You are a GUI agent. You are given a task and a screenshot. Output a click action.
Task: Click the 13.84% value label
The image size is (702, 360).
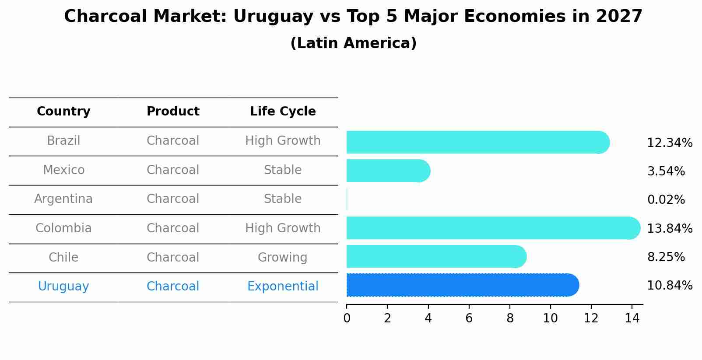click(669, 228)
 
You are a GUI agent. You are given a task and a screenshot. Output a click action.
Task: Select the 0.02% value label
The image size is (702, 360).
click(666, 200)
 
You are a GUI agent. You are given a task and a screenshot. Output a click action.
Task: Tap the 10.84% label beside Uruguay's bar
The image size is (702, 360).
click(669, 286)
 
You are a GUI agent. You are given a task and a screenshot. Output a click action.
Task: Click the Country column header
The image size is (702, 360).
click(63, 112)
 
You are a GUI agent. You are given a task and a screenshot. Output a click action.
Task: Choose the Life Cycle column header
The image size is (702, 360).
click(283, 112)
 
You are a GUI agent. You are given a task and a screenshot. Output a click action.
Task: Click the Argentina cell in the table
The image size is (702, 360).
click(63, 199)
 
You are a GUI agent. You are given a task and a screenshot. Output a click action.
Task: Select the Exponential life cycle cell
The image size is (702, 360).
click(283, 287)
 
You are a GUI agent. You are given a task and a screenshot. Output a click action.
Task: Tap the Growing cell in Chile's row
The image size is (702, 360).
click(283, 257)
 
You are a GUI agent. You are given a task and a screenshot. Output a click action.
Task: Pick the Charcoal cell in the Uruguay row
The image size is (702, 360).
click(173, 287)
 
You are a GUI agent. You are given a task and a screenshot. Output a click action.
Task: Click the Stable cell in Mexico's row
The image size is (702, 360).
click(283, 170)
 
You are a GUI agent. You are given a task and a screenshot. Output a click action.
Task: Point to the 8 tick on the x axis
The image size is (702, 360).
click(510, 318)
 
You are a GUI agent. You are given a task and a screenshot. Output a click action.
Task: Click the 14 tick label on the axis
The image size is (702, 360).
click(632, 318)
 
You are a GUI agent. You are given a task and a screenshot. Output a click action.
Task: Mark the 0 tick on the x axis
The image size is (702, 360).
click(347, 318)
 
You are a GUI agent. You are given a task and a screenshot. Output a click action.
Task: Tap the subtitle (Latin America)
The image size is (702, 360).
click(353, 43)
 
